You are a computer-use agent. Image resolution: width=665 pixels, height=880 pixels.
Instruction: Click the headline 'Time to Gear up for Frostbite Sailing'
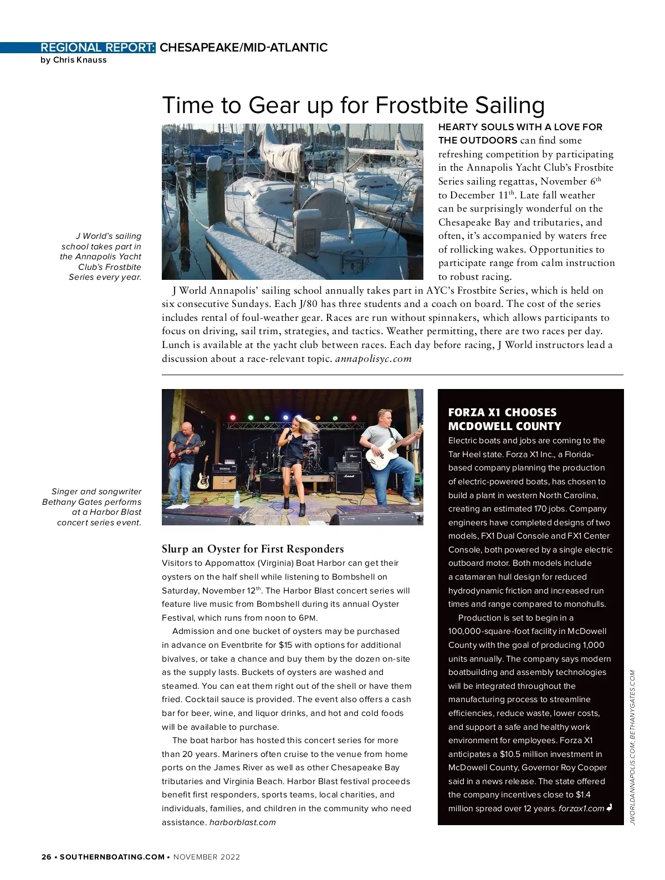click(x=353, y=105)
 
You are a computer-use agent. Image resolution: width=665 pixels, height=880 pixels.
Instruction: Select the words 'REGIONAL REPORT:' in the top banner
click(x=98, y=48)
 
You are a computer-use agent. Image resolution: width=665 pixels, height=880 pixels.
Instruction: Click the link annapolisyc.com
click(x=374, y=359)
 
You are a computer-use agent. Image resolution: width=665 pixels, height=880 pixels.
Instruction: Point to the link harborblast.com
click(x=242, y=822)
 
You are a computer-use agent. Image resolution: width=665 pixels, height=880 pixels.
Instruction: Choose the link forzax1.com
click(x=581, y=809)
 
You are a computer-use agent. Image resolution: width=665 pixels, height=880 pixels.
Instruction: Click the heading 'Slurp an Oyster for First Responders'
click(x=253, y=549)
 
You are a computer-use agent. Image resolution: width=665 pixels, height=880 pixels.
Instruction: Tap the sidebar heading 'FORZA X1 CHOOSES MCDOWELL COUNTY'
click(x=504, y=419)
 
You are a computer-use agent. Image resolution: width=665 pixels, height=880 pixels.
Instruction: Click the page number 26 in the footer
click(x=46, y=857)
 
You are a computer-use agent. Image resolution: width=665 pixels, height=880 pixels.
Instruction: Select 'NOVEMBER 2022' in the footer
click(x=207, y=857)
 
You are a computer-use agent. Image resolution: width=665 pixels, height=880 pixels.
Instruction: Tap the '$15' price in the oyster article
click(x=285, y=645)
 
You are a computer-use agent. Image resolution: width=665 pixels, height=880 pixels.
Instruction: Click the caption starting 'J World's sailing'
click(x=101, y=257)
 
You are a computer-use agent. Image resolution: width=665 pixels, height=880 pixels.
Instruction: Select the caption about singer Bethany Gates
click(x=92, y=507)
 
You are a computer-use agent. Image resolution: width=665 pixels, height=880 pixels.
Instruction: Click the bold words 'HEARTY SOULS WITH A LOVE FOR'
click(x=520, y=127)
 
